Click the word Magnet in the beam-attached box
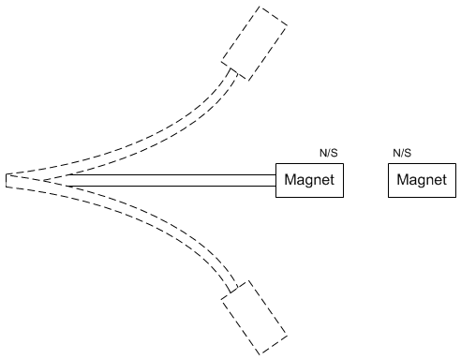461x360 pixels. tap(310, 180)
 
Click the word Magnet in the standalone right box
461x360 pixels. tap(422, 180)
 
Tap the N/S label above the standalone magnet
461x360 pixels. tap(402, 152)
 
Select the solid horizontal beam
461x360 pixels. tap(169, 180)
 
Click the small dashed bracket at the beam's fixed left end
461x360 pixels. tap(7, 180)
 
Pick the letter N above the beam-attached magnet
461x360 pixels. tap(323, 152)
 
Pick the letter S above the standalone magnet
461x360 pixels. tap(409, 152)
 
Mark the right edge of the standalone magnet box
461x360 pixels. tap(454, 180)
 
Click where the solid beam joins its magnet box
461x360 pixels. tap(276, 180)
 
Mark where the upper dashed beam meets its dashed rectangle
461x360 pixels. tap(230, 70)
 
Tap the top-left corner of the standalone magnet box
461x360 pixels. tap(389, 163)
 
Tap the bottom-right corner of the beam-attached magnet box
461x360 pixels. tap(344, 197)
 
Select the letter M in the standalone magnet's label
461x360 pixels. tap(403, 180)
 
